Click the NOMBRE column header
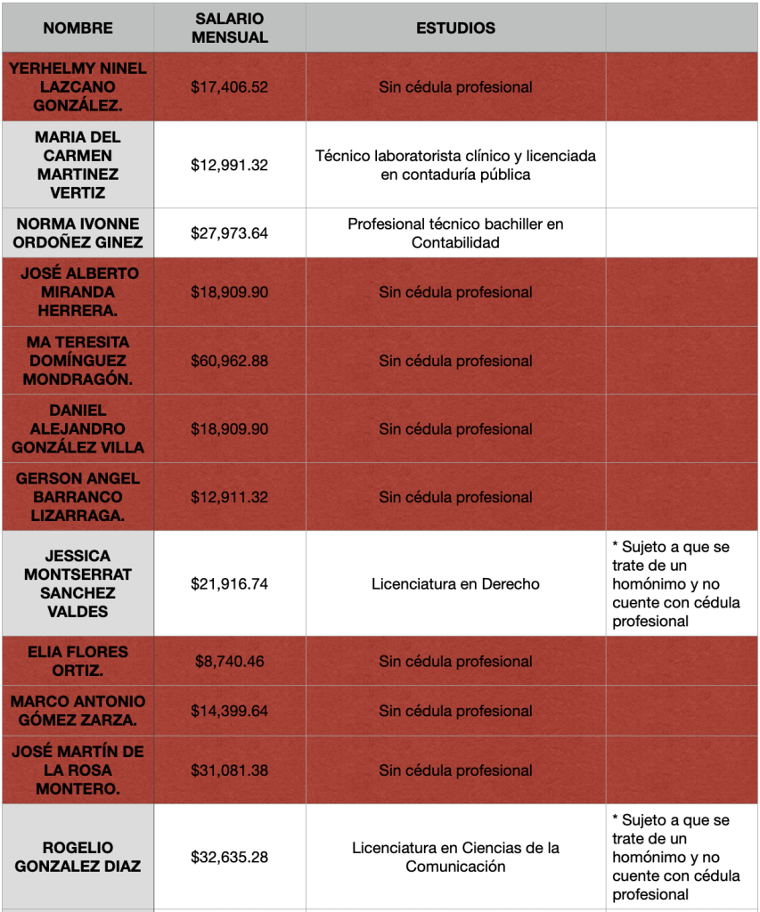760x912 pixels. coord(78,28)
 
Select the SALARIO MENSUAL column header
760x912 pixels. coord(229,28)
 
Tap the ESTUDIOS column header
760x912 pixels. coord(455,28)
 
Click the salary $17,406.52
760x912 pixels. coord(229,87)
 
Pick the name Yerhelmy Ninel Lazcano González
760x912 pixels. coord(78,87)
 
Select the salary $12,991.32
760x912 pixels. coord(229,165)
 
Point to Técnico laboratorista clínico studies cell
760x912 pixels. coord(455,165)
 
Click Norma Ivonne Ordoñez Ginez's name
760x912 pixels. coord(78,233)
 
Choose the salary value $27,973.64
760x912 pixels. coord(229,233)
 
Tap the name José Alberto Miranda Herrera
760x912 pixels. coord(78,292)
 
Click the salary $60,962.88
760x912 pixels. coord(229,361)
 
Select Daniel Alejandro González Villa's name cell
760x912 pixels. coord(78,428)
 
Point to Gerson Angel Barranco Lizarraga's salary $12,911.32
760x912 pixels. coord(229,497)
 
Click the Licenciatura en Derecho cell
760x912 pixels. coord(455,584)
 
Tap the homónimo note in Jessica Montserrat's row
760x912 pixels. coord(676,584)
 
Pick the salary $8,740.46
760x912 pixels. coord(229,662)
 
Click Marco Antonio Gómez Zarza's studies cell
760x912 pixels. coord(455,712)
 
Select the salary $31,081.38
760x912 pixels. coord(229,770)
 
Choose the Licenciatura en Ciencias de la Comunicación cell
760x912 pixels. coord(455,857)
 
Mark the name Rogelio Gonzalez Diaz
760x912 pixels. coord(78,857)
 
